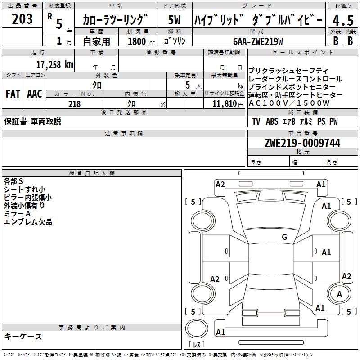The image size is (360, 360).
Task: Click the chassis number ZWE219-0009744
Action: point(302,143)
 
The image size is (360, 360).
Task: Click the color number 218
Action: point(74,104)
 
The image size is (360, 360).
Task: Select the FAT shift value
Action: point(13,94)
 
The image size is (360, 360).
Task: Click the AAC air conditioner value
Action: point(35,94)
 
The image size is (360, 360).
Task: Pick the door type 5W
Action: point(174,20)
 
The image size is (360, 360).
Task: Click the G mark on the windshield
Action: point(284,237)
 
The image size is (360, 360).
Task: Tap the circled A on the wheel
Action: point(339,294)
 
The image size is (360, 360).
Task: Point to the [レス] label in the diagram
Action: point(197,344)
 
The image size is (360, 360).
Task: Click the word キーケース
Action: point(23,336)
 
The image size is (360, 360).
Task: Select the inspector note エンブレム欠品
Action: point(28,222)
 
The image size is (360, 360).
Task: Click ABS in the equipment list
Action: point(272,121)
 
